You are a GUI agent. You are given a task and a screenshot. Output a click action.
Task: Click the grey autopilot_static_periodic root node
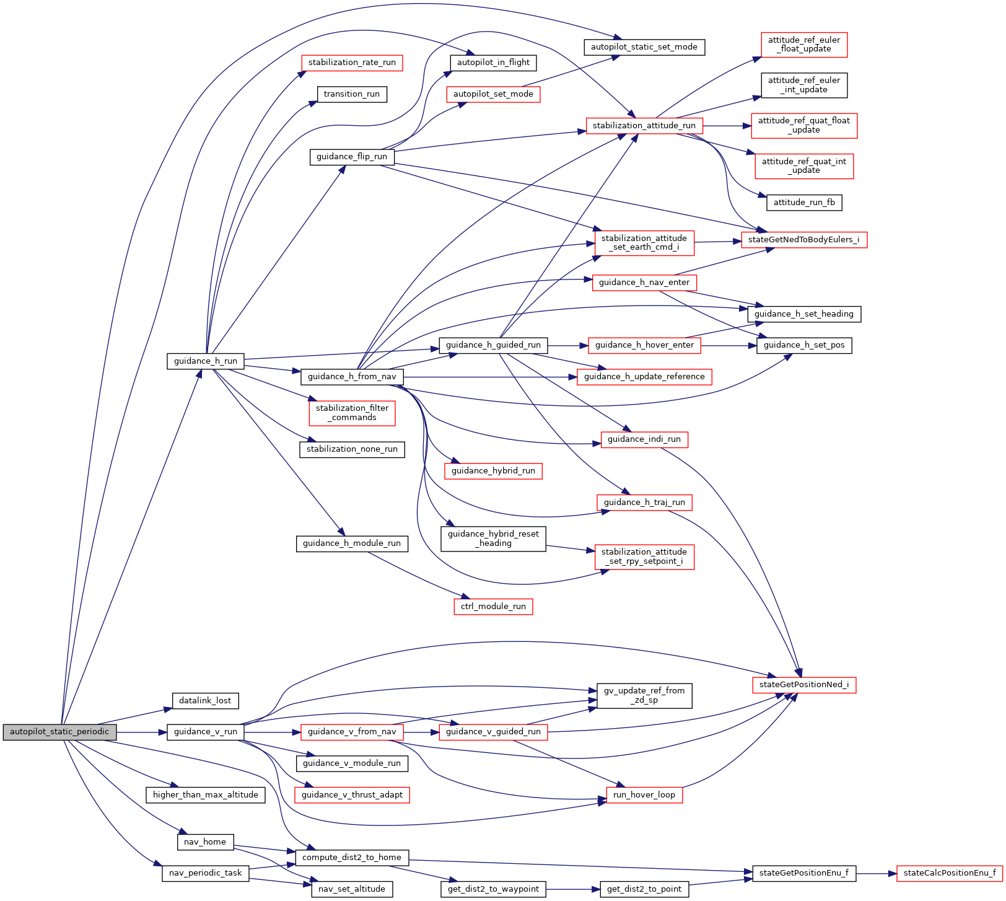[59, 732]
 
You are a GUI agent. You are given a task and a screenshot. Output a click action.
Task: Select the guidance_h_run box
[205, 361]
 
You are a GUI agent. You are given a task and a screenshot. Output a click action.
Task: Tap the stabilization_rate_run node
[352, 63]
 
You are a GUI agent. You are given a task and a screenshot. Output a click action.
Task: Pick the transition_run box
[352, 94]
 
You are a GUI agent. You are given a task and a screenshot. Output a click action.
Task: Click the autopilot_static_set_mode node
[644, 47]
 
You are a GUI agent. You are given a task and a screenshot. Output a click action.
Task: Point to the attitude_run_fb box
[804, 203]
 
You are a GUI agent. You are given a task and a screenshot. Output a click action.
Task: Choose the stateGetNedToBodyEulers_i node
[803, 240]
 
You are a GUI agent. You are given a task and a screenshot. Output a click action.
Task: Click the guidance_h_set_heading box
[803, 314]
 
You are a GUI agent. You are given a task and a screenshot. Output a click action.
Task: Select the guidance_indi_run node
[644, 439]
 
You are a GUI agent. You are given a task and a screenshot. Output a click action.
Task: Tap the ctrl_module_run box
[493, 607]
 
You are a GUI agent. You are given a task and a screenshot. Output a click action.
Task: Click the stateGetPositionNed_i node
[803, 685]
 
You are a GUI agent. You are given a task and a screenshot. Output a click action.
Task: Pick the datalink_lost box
[205, 701]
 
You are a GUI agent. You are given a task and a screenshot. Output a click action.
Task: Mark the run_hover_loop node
[644, 795]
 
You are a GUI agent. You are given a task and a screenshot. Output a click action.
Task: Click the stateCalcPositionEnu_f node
[949, 874]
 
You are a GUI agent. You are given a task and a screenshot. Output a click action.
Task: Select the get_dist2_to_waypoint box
[493, 889]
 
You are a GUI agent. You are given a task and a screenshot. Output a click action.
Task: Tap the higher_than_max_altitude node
[205, 795]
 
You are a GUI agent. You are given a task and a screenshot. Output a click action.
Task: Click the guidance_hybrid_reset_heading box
[493, 538]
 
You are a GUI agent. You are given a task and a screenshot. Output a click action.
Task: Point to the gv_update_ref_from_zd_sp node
[644, 695]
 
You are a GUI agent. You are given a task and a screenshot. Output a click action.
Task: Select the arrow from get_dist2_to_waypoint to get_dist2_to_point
[573, 889]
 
